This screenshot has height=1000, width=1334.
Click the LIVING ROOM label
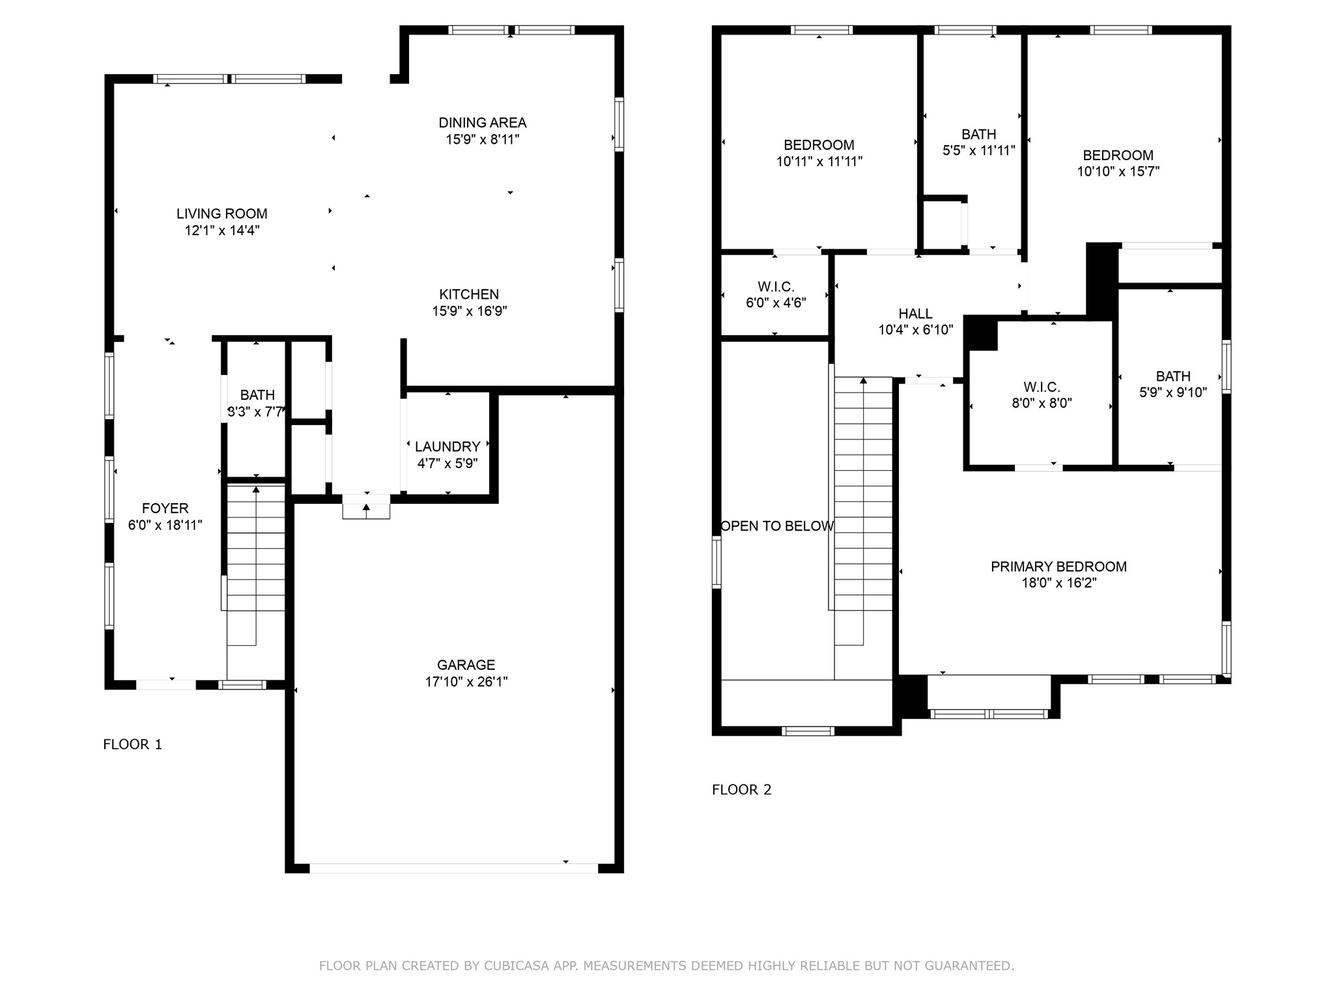[222, 214]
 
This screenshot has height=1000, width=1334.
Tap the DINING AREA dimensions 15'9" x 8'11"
[483, 139]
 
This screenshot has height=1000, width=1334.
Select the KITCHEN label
[469, 294]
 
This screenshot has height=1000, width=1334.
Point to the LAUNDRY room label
[447, 447]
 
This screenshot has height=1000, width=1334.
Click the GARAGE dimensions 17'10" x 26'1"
[466, 682]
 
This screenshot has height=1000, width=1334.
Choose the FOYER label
[165, 508]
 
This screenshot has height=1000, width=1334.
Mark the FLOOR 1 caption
[132, 744]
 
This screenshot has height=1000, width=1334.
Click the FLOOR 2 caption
[741, 790]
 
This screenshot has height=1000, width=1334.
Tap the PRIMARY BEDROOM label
[1058, 566]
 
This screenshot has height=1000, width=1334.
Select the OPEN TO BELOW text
[776, 526]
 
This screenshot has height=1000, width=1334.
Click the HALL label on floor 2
[915, 314]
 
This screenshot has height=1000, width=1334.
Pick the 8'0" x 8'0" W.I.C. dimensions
[1042, 403]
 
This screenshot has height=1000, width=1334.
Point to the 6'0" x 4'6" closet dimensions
[776, 303]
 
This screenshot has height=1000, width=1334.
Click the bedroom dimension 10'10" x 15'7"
[1118, 171]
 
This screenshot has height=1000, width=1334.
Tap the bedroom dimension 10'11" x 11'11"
[819, 161]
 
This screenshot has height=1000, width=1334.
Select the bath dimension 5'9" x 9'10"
[1173, 393]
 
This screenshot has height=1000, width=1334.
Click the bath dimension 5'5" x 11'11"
[978, 150]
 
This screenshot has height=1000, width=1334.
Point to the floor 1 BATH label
[257, 395]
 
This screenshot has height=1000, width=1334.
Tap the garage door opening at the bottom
[453, 868]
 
